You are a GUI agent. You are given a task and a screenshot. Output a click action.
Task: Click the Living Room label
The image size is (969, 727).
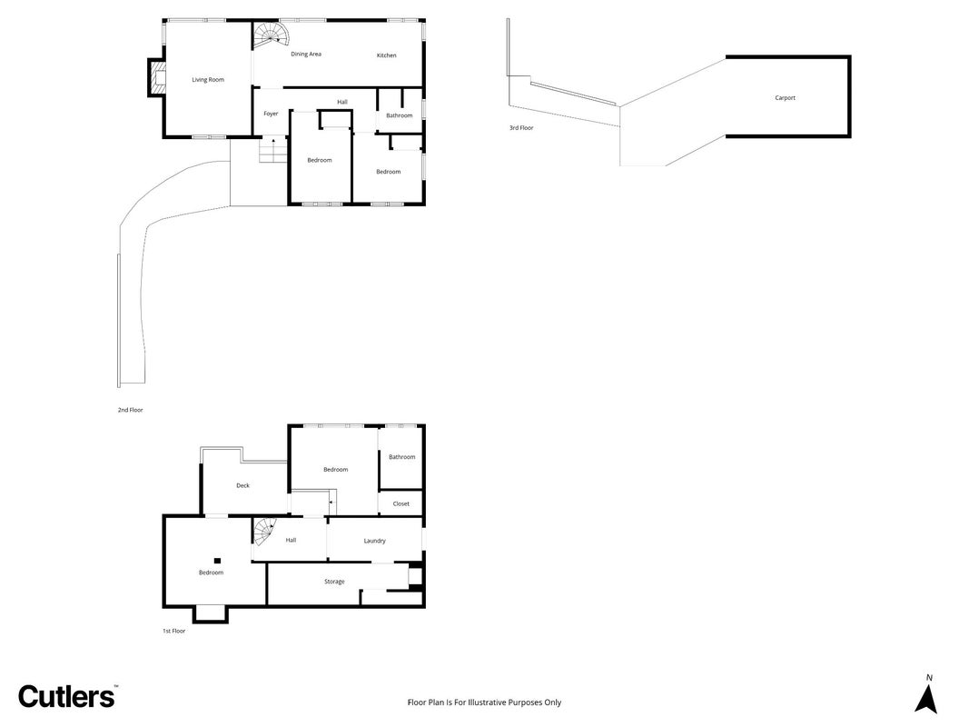click(x=208, y=80)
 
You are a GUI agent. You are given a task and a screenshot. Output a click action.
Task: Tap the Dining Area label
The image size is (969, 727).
click(x=306, y=55)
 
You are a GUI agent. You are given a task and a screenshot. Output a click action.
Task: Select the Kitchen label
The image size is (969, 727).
click(x=386, y=55)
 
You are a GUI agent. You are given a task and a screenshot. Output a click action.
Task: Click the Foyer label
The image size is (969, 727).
click(x=271, y=114)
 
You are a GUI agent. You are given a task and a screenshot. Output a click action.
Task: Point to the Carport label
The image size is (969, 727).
click(x=785, y=97)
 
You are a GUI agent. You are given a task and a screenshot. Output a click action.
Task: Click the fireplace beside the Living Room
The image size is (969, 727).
click(x=157, y=77)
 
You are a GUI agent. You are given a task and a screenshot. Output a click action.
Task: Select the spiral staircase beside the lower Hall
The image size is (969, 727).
click(x=264, y=533)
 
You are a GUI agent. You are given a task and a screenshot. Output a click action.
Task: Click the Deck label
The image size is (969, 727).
click(x=242, y=486)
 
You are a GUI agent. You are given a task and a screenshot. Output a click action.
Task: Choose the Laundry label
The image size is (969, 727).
click(x=374, y=541)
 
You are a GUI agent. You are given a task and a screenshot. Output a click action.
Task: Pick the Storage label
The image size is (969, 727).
click(x=334, y=582)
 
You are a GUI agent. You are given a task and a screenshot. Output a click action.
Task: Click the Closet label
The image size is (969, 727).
click(x=401, y=503)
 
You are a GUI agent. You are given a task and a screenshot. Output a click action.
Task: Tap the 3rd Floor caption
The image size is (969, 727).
click(x=521, y=128)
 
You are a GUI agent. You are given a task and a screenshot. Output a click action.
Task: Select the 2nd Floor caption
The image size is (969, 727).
click(x=131, y=410)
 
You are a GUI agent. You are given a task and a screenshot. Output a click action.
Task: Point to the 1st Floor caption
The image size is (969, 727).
click(x=173, y=632)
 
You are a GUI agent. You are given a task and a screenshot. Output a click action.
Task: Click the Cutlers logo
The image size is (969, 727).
click(x=66, y=697)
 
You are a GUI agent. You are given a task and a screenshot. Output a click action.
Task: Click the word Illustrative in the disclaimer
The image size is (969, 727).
click(x=487, y=702)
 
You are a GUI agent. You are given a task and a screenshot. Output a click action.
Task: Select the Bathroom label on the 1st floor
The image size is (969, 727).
click(x=401, y=457)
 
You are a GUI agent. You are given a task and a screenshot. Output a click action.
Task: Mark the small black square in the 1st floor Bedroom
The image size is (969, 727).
click(x=218, y=561)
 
